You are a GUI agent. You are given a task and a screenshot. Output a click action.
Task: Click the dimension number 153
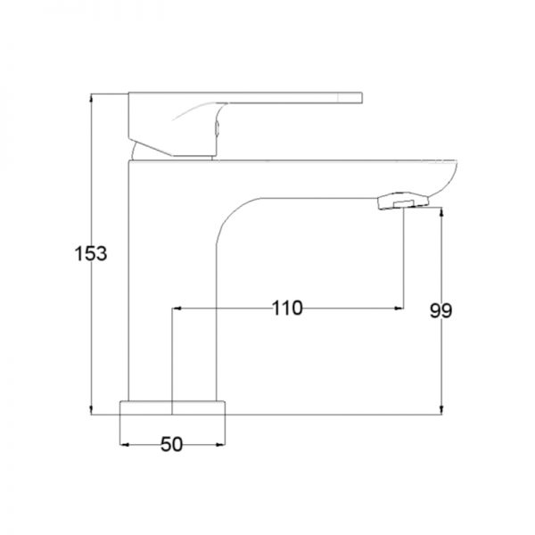[x=91, y=253]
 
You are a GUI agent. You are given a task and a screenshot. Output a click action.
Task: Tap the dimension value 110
[x=287, y=309]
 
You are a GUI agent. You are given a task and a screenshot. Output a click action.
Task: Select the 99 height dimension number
[x=440, y=310]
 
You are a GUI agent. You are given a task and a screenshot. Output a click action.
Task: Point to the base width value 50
[x=171, y=445]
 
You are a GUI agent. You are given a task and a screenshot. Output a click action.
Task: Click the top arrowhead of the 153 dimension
[x=91, y=97]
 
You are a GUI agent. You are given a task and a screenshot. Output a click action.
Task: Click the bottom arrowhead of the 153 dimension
[x=91, y=410]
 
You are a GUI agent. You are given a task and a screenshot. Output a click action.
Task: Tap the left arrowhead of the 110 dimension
[x=177, y=309]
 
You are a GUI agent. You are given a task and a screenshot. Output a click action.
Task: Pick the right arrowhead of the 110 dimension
[x=399, y=309]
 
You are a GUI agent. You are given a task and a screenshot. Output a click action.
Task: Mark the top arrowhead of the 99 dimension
[x=441, y=212]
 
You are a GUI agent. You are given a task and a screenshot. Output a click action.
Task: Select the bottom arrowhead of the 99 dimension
[x=441, y=410]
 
